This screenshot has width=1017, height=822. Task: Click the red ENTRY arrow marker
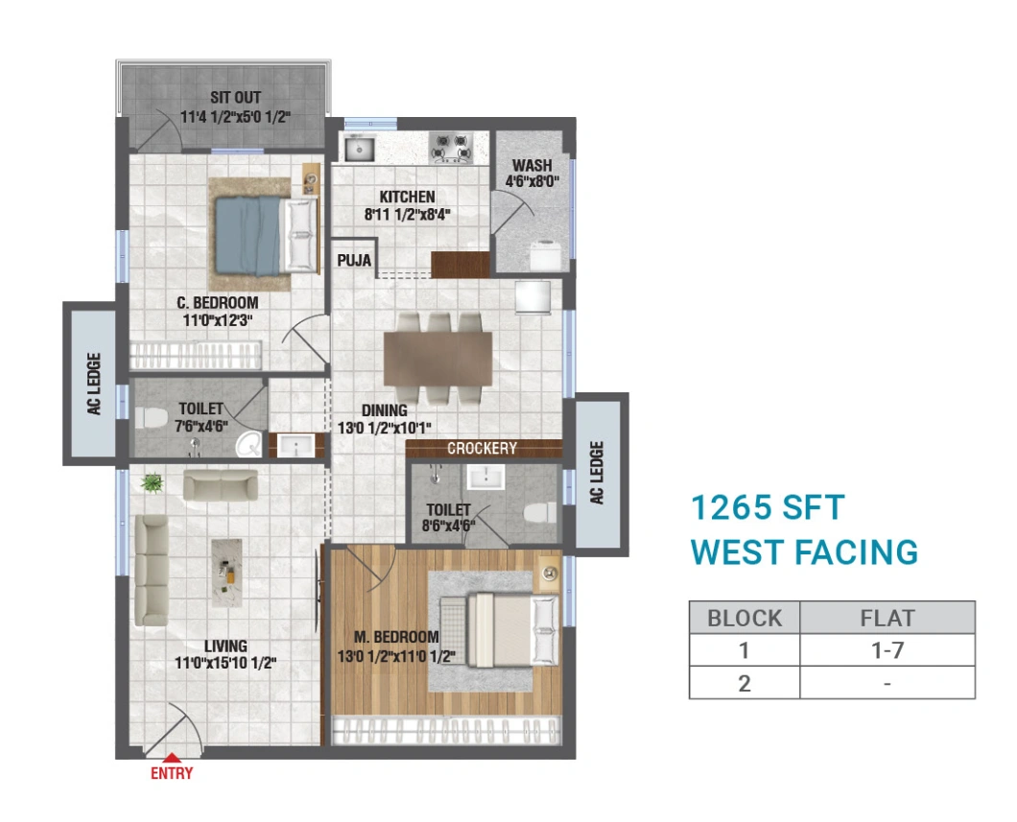pyautogui.click(x=171, y=757)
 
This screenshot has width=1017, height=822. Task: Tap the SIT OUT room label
pyautogui.click(x=235, y=98)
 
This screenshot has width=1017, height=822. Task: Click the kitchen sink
pyautogui.click(x=359, y=149)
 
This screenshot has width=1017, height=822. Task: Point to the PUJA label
pyautogui.click(x=354, y=261)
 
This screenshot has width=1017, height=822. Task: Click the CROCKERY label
pyautogui.click(x=482, y=449)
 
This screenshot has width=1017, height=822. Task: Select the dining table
pyautogui.click(x=438, y=359)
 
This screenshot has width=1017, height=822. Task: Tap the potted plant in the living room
pyautogui.click(x=152, y=482)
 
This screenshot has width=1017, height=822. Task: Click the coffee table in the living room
pyautogui.click(x=227, y=573)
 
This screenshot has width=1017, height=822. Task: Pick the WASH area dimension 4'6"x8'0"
pyautogui.click(x=532, y=181)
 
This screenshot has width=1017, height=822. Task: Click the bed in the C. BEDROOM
pyautogui.click(x=266, y=235)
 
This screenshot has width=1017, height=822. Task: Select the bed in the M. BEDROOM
pyautogui.click(x=500, y=629)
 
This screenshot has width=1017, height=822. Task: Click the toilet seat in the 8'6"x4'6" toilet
pyautogui.click(x=539, y=513)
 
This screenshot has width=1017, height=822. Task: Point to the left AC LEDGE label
pyautogui.click(x=95, y=384)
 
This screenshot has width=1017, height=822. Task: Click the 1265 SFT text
pyautogui.click(x=768, y=507)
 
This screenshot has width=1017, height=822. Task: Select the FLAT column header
pyautogui.click(x=887, y=618)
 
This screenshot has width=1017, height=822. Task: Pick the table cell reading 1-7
pyautogui.click(x=887, y=649)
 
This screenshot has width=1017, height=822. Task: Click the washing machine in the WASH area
pyautogui.click(x=546, y=255)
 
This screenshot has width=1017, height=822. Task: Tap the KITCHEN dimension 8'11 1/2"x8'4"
pyautogui.click(x=408, y=214)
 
